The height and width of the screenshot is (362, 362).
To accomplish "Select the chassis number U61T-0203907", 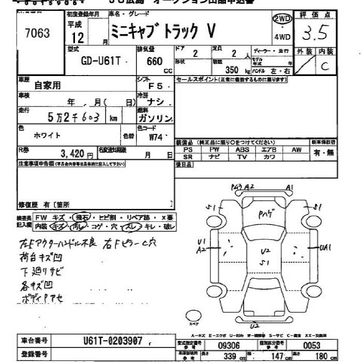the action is point(113,341).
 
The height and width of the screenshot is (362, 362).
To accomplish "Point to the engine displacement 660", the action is point(155,61).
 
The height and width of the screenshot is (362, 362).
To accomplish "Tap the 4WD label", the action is point(282,37).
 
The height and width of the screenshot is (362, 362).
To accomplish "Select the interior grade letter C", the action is point(325,66).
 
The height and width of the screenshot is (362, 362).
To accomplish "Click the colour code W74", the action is point(156,137).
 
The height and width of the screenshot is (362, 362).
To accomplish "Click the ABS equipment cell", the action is point(242,149).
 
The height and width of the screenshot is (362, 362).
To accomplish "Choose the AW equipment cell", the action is point(296,149).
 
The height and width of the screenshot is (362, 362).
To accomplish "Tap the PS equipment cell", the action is point(188,149).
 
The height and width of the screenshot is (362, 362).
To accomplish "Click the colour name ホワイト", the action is point(47,135).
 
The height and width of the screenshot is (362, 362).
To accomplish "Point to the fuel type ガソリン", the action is point(156,118).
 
